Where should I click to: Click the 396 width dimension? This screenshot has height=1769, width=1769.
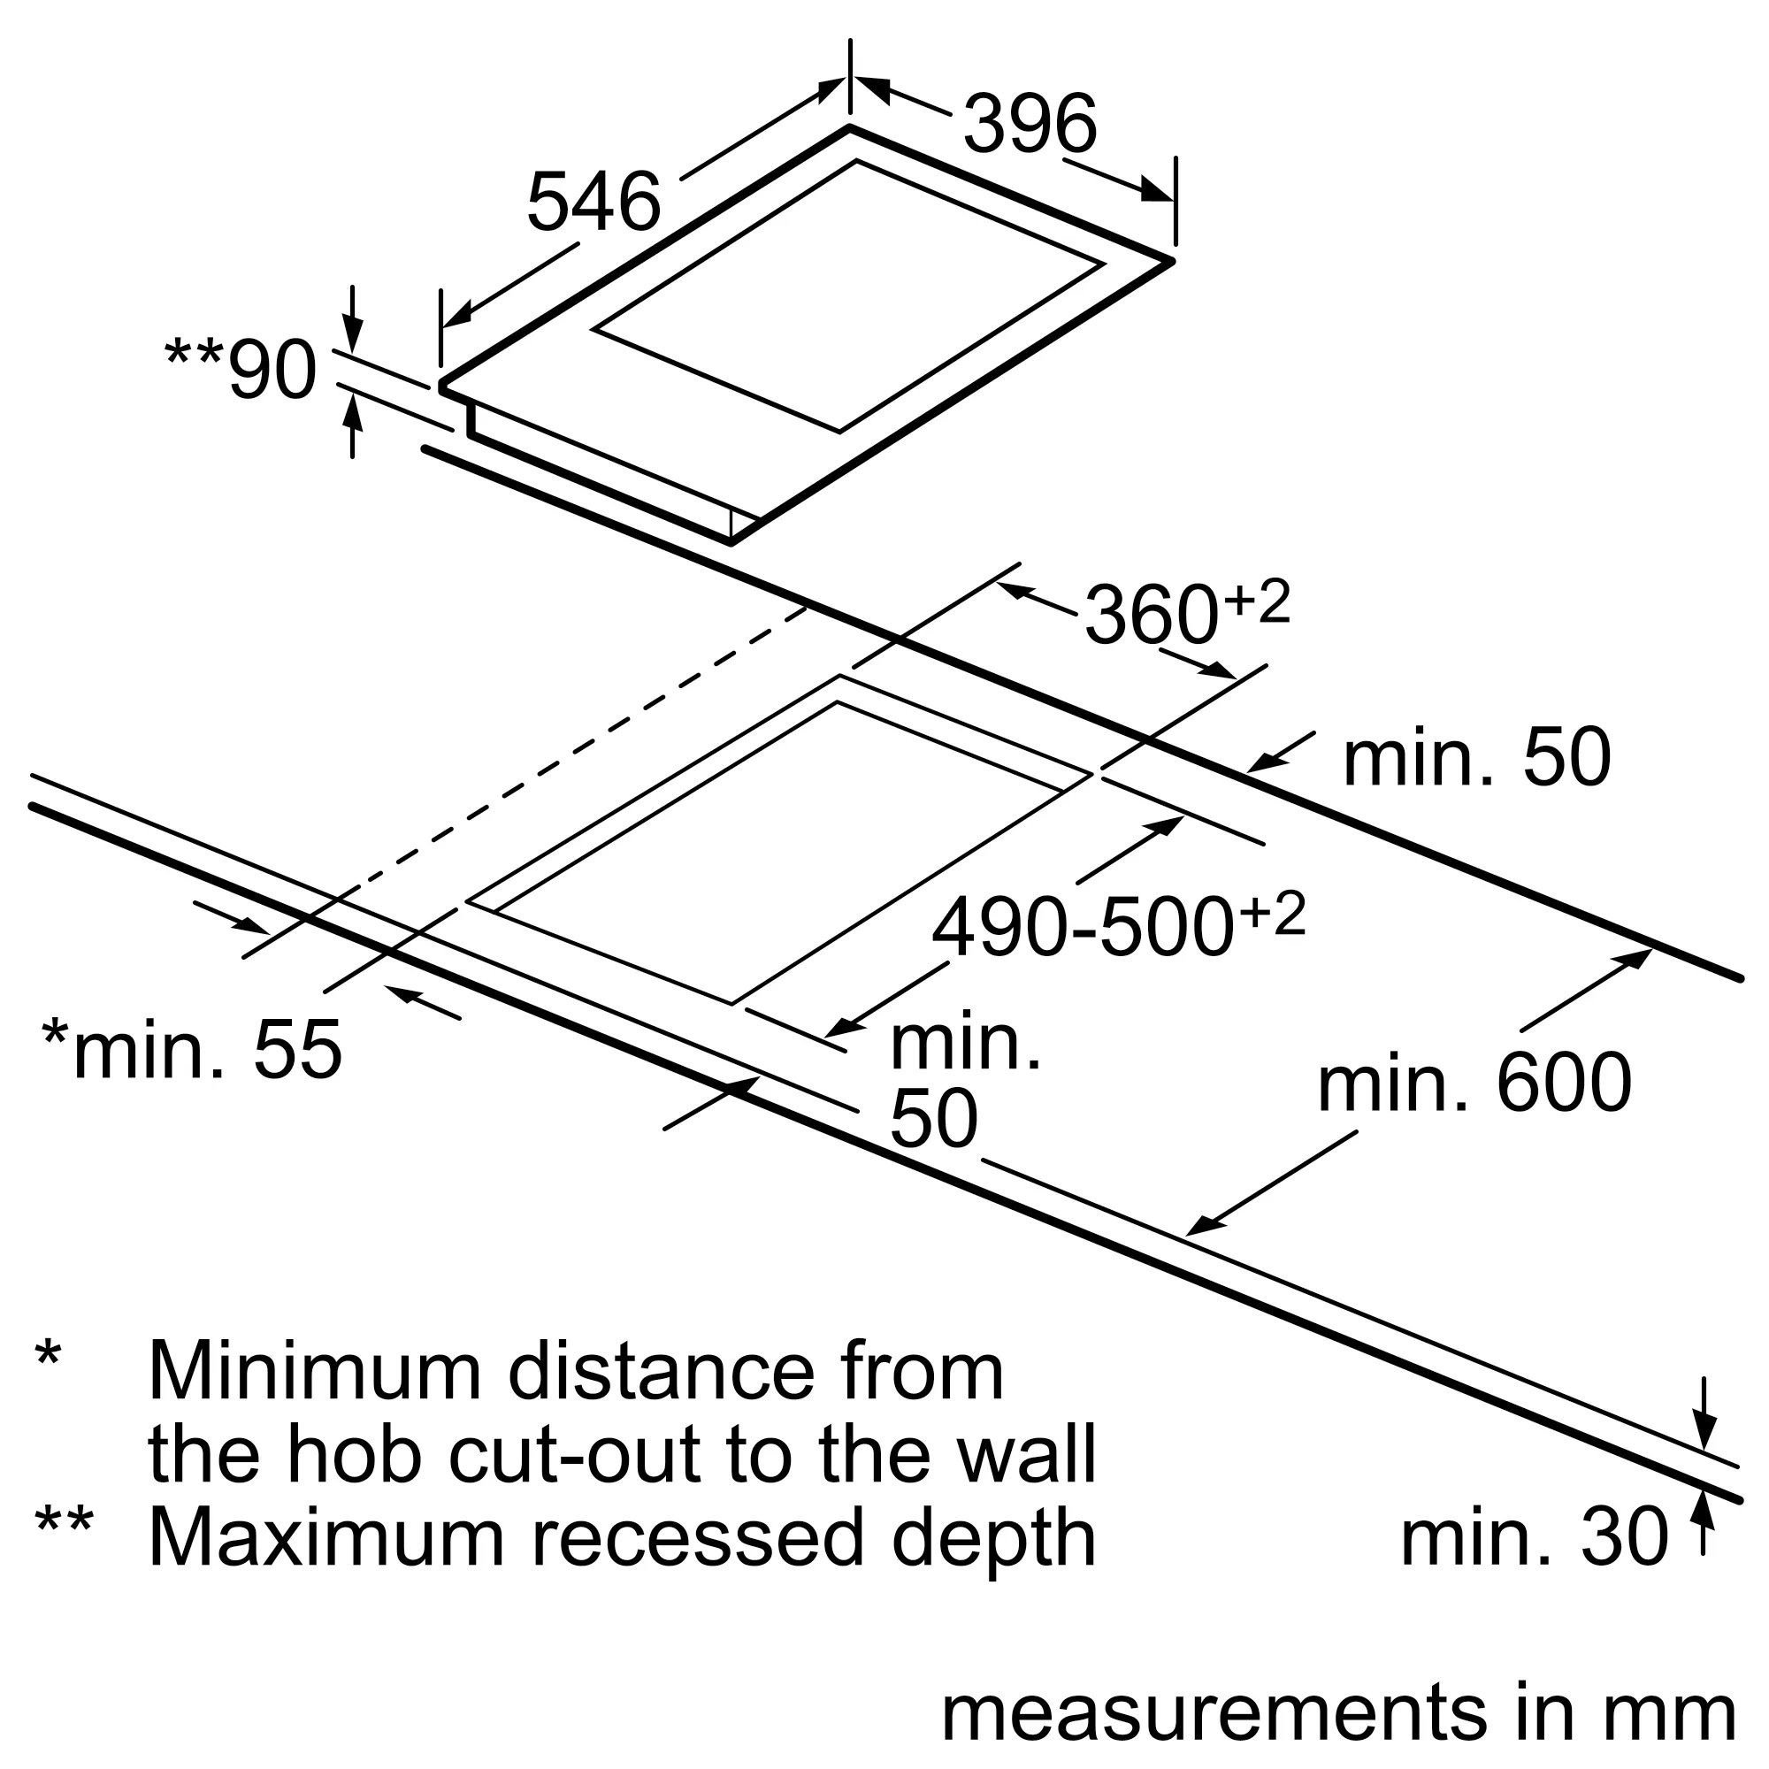1030,124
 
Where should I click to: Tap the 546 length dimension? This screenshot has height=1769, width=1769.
593,202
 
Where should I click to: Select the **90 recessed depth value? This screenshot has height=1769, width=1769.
241,369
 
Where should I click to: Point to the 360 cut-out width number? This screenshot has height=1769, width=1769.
1152,616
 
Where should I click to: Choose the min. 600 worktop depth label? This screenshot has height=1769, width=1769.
1474,1083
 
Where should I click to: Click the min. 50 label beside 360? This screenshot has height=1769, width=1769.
1476,757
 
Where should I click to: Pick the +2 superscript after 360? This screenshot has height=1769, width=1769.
1256,601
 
